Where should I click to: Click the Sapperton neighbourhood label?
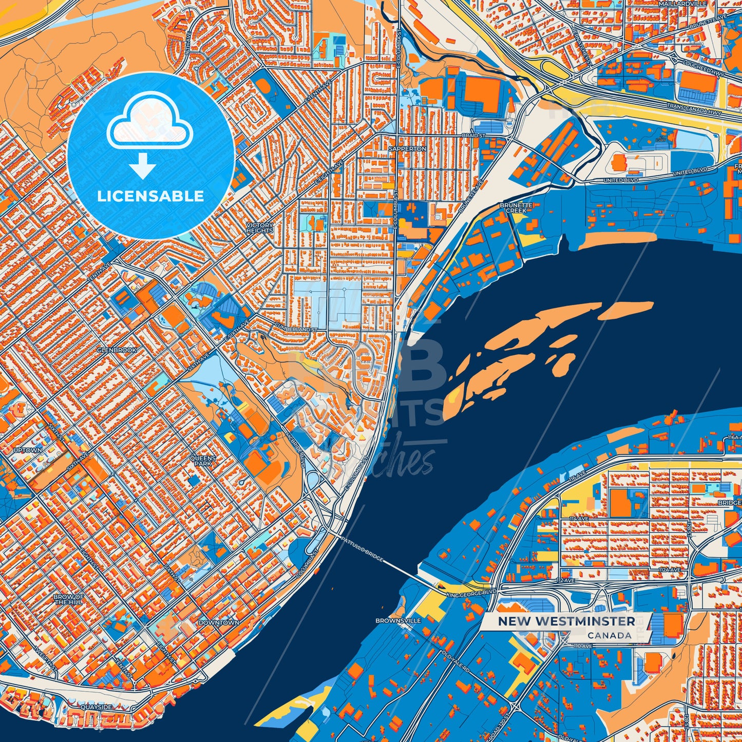click(407, 148)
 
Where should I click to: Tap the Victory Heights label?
click(260, 228)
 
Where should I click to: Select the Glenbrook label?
click(117, 350)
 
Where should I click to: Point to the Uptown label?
click(28, 450)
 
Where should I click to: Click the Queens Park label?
click(203, 460)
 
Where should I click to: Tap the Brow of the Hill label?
click(69, 599)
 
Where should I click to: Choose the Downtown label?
click(219, 622)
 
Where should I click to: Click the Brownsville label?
click(398, 620)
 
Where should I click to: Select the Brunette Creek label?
click(516, 207)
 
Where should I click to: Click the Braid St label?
click(473, 136)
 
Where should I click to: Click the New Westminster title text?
click(566, 621)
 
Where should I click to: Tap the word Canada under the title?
click(610, 635)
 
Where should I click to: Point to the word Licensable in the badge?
click(150, 196)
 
